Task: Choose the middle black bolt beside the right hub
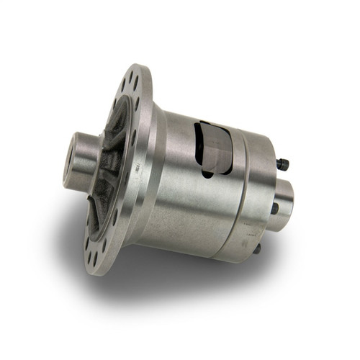click(x=274, y=208)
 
